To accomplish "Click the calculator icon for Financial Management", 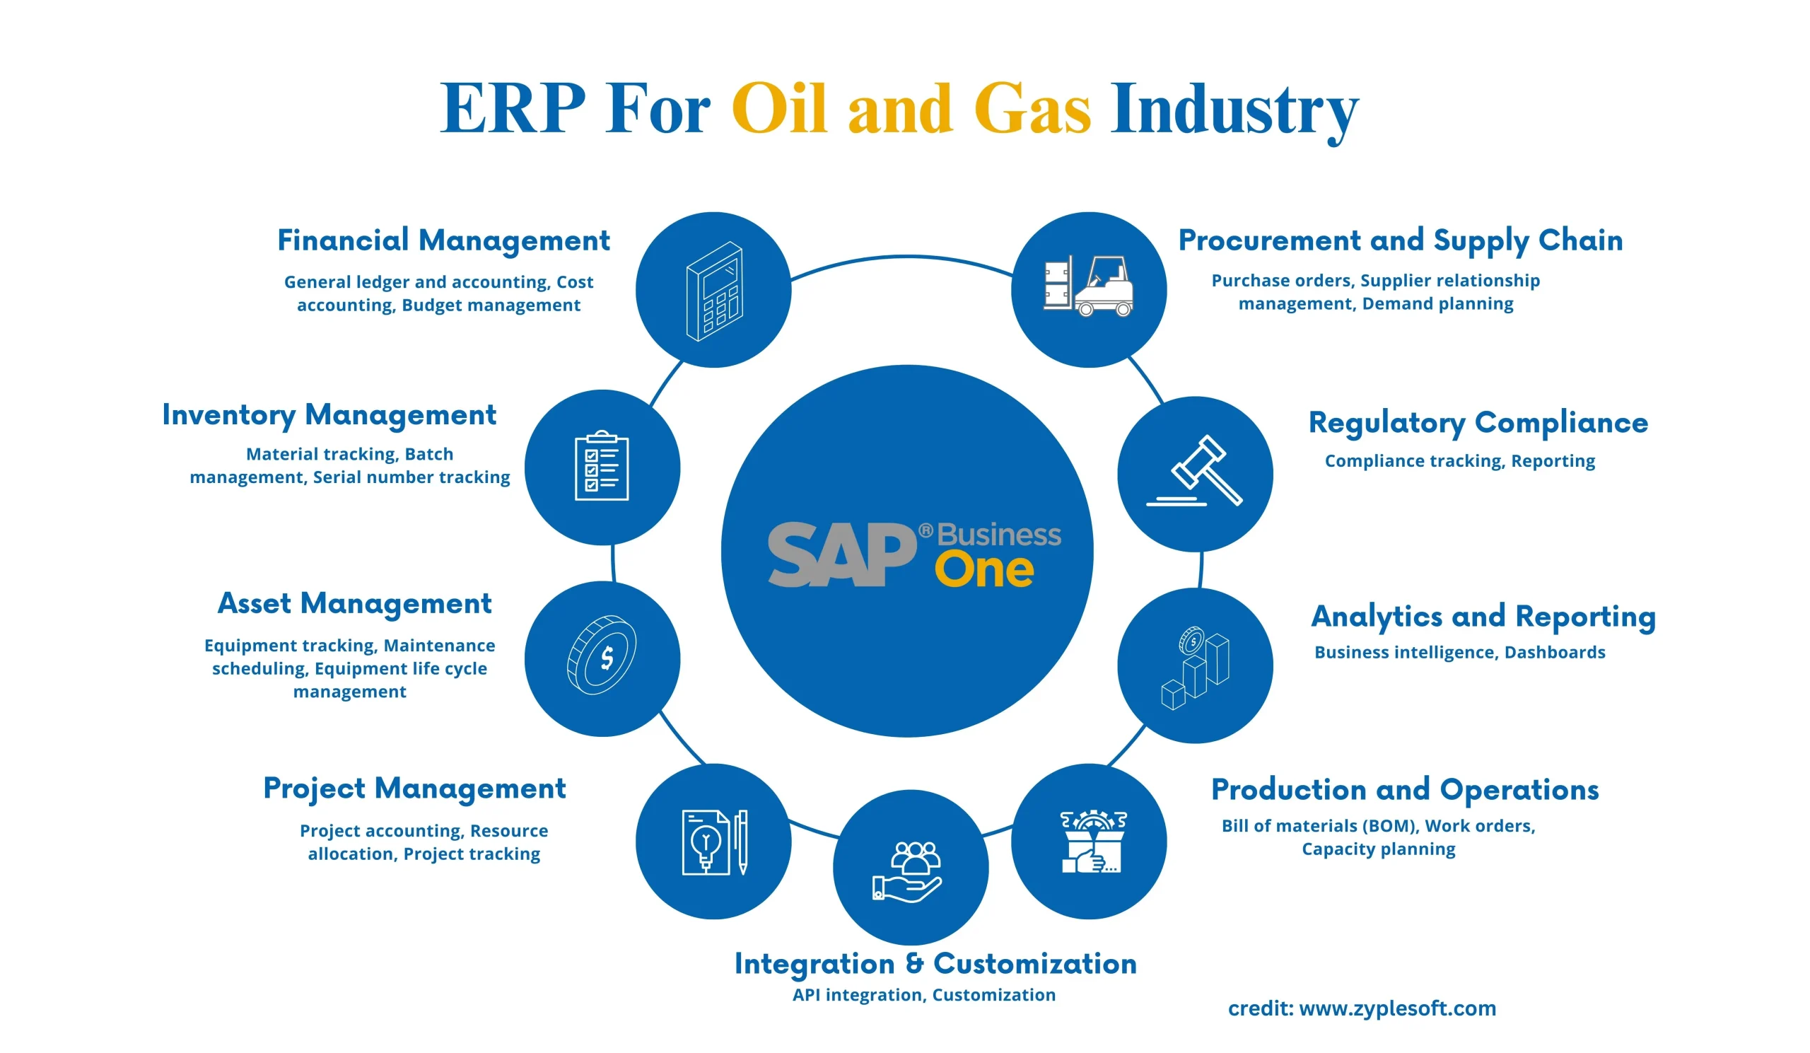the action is tap(714, 291).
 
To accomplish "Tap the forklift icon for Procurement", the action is tap(1089, 286).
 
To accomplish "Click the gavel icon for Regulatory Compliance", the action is tap(1194, 471).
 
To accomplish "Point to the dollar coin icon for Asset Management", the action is tap(602, 654).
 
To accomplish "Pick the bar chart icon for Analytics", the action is tap(1195, 668).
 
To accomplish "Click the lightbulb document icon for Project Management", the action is tap(716, 842).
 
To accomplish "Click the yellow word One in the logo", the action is tap(984, 570).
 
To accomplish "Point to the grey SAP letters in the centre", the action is tap(842, 554).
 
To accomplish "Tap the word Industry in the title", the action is tap(1234, 112).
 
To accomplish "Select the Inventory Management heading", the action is tap(329, 416).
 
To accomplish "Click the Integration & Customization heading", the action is tap(935, 965).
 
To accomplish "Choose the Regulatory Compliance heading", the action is tap(1478, 424).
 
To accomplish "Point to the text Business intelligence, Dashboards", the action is tap(1459, 652).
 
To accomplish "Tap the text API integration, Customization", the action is tap(923, 995).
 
